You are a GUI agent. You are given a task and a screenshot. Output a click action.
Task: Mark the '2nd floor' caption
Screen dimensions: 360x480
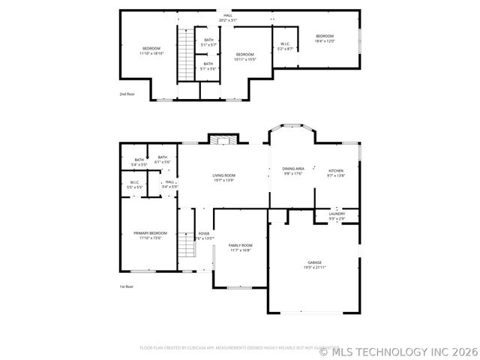[x=127, y=94]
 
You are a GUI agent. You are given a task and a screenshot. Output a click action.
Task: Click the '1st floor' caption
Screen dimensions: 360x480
[x=127, y=286]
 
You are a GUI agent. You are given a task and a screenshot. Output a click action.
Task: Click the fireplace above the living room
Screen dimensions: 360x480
[x=222, y=139]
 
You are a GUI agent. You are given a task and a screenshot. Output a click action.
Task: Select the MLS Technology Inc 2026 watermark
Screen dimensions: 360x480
[x=398, y=350]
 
